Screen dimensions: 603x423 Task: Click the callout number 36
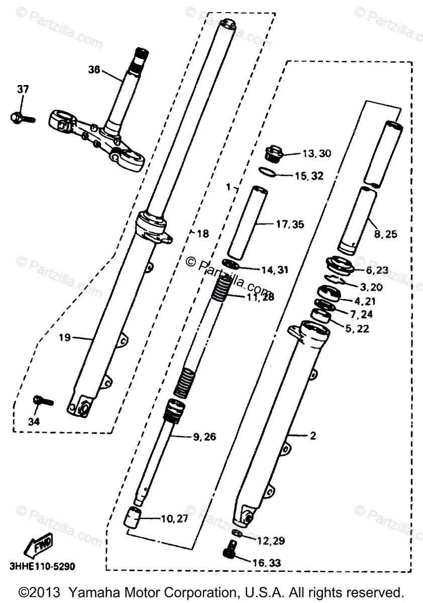[94, 70]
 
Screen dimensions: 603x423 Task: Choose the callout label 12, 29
[271, 541]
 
